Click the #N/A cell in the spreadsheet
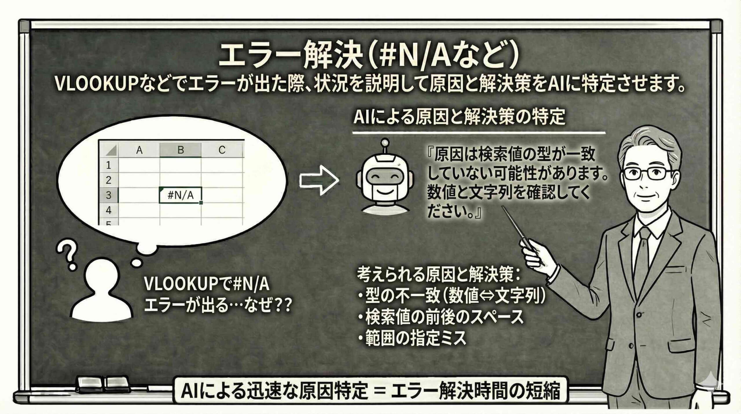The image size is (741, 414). (x=180, y=196)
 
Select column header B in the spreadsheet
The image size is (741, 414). (x=180, y=150)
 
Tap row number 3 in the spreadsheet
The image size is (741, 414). (x=109, y=195)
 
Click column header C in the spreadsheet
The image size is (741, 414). (x=222, y=150)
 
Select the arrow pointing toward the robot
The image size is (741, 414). (x=319, y=180)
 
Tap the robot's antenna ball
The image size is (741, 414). (x=385, y=143)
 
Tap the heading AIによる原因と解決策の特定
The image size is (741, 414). (x=459, y=117)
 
